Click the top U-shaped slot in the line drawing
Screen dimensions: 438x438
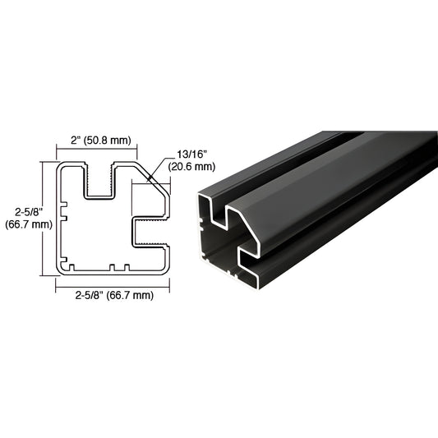click(99, 182)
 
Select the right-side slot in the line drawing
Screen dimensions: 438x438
click(152, 232)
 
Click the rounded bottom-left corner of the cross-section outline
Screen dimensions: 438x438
click(59, 268)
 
